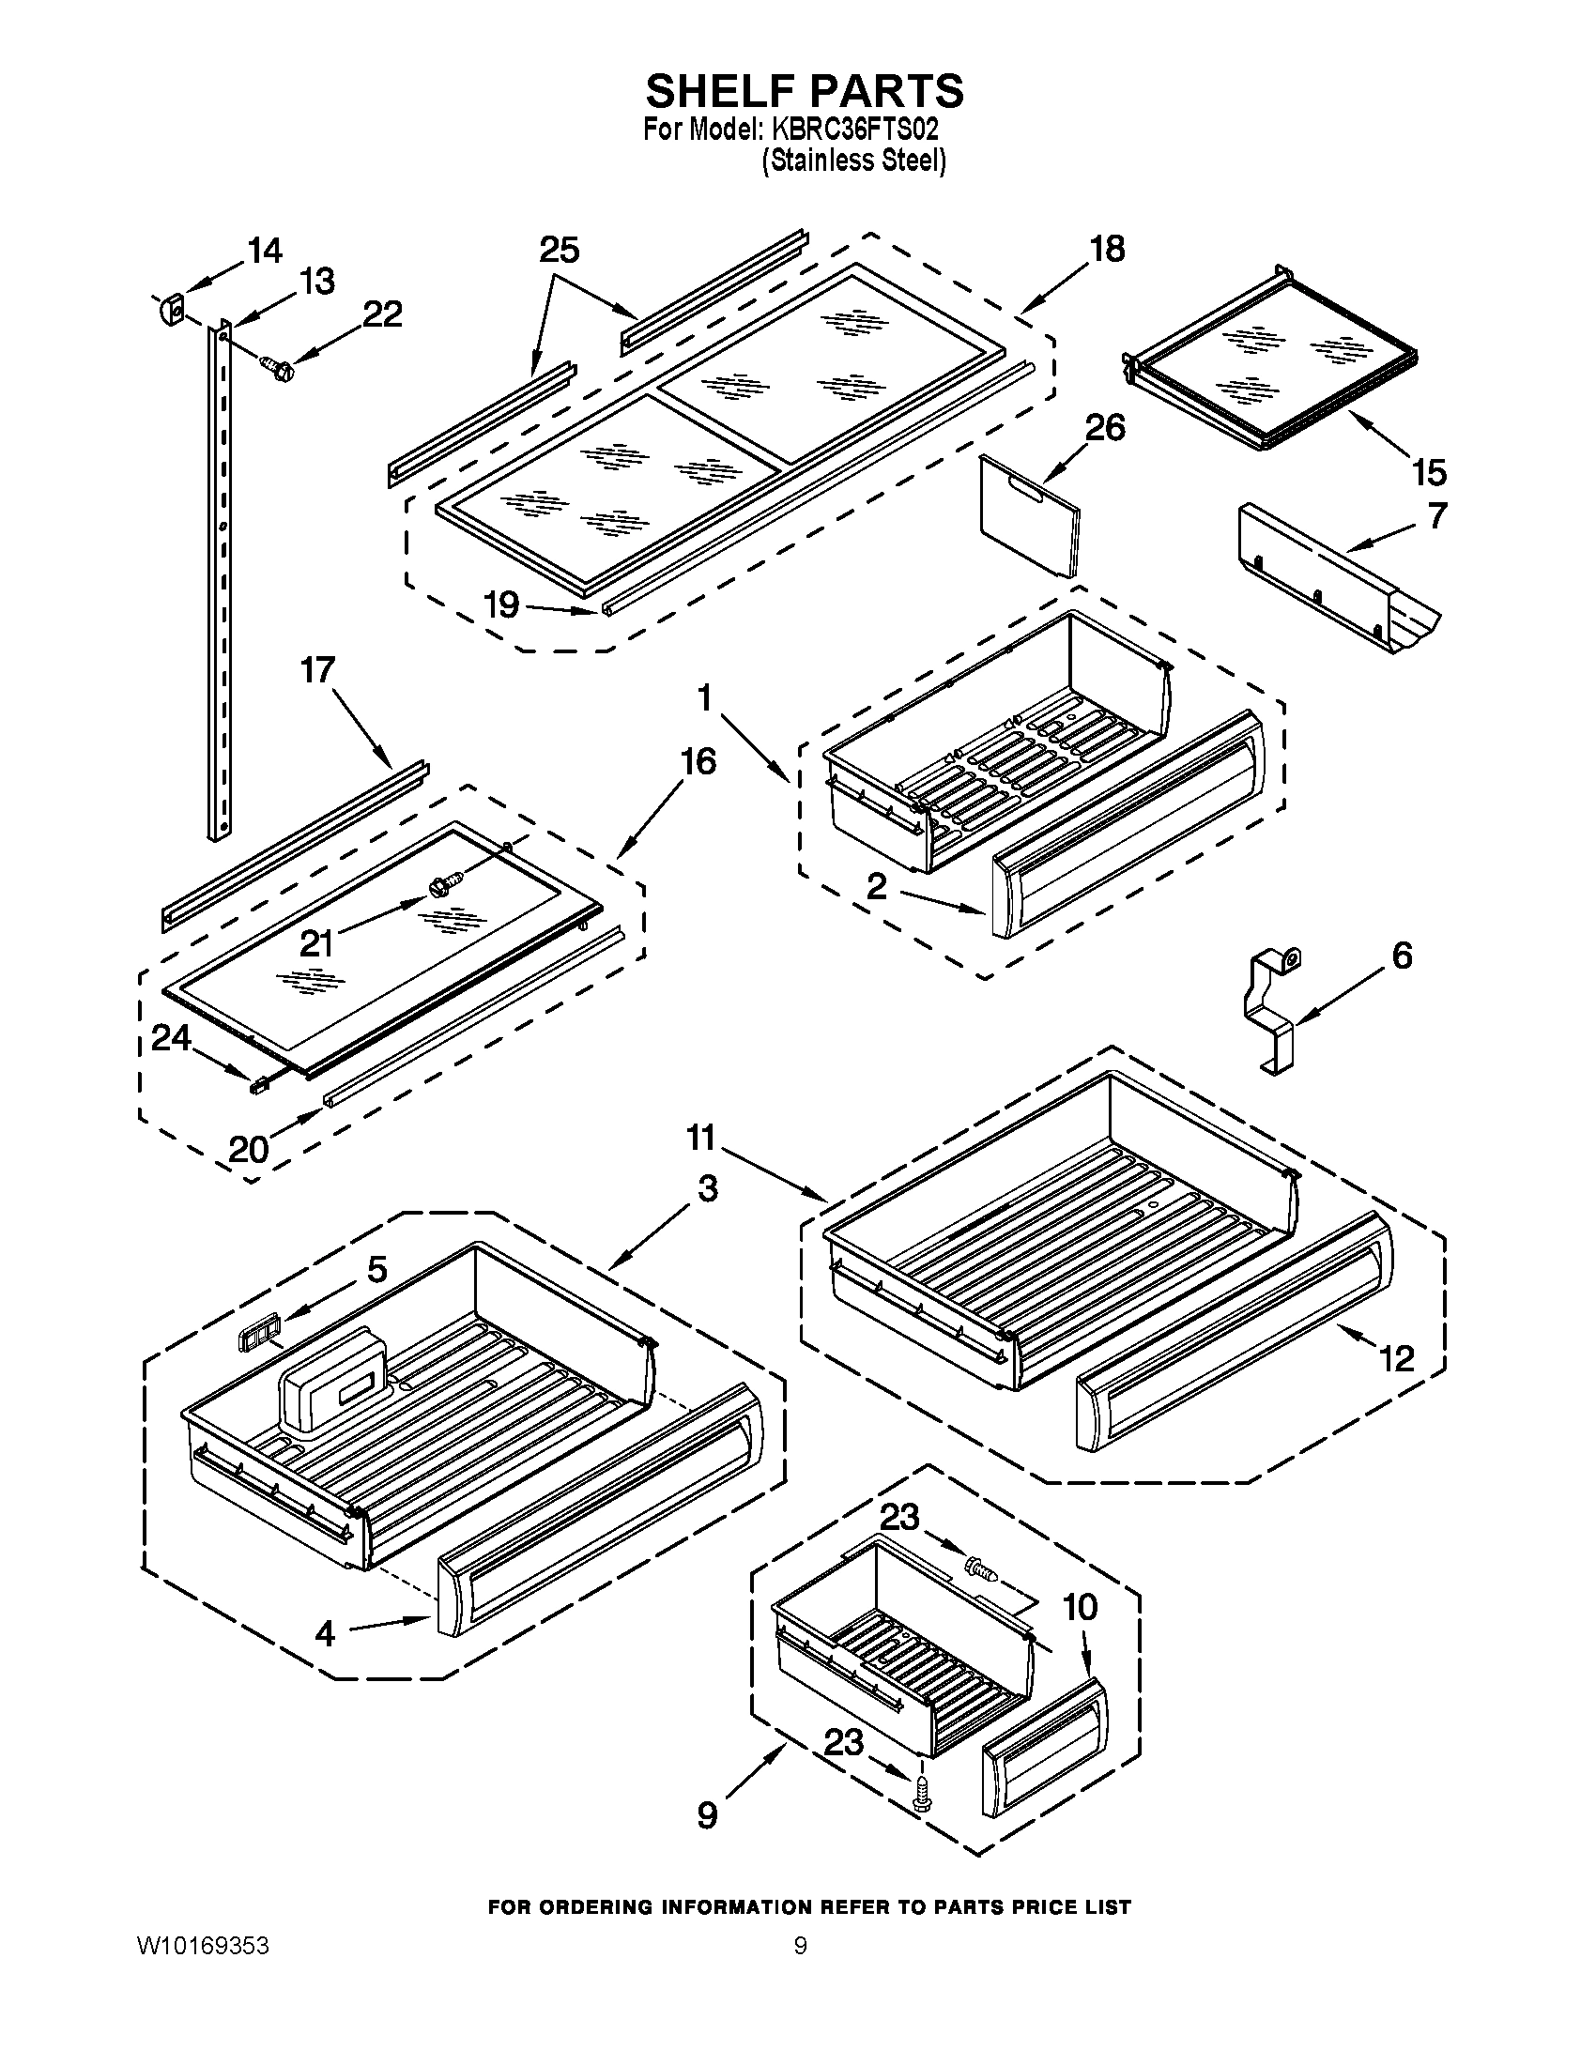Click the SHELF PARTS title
coord(805,91)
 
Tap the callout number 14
coord(265,251)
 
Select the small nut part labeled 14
coord(171,308)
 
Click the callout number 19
coord(502,604)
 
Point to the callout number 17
coord(317,670)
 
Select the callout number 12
coord(1397,1360)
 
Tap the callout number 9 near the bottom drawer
coord(707,1815)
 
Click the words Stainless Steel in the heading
coord(855,161)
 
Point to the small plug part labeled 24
coord(256,1087)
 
